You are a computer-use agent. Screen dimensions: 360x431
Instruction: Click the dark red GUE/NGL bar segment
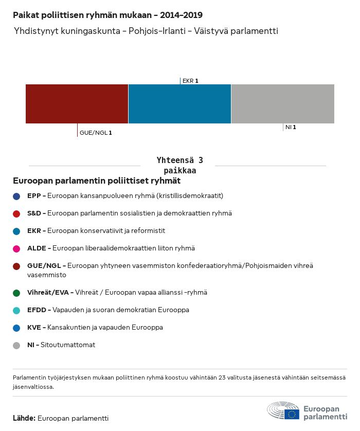[77, 103]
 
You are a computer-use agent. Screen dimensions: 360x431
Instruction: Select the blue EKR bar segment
[179, 103]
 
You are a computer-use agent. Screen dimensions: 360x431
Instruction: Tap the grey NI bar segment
[283, 103]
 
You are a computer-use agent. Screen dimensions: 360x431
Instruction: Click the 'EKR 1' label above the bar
[190, 81]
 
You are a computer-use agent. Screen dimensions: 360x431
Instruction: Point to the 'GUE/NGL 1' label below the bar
[96, 133]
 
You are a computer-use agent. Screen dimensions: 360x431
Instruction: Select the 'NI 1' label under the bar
[291, 127]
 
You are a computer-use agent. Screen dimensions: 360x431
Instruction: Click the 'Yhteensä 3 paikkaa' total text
[179, 165]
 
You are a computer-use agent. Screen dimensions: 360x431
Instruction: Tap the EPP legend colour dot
[16, 196]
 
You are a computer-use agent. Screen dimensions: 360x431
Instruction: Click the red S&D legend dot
[16, 214]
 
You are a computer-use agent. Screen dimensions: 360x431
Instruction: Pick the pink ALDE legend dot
[16, 249]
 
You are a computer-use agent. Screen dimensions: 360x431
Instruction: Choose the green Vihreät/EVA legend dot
[16, 293]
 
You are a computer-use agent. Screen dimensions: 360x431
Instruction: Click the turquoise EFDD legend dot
[16, 311]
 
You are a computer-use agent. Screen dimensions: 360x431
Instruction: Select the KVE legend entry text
[95, 328]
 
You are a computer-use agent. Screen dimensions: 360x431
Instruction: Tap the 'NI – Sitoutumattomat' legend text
[61, 345]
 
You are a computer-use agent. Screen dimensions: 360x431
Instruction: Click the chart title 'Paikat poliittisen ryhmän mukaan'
[82, 15]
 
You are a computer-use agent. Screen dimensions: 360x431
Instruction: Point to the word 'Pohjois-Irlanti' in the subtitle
[157, 31]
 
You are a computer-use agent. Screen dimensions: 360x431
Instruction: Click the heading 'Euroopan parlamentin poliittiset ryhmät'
[97, 181]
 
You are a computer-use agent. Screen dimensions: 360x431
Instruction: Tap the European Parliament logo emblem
[283, 410]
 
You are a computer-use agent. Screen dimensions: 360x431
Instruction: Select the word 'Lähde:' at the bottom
[24, 418]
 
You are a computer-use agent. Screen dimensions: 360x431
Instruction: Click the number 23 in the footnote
[222, 378]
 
